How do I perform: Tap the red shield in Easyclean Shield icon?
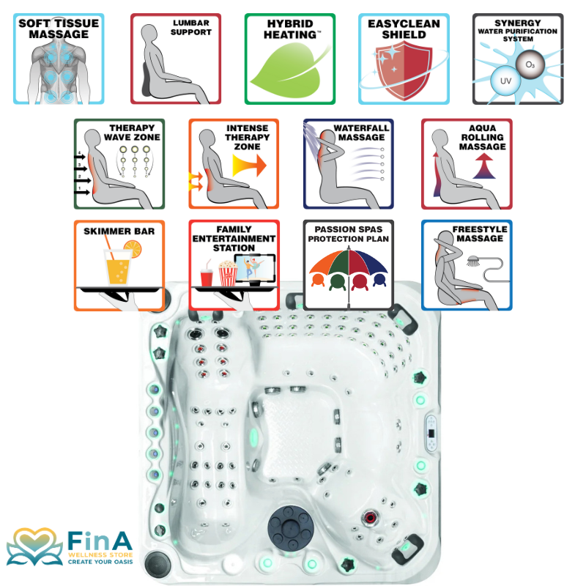[404, 70]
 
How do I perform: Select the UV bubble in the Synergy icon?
[505, 81]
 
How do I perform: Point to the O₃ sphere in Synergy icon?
[530, 64]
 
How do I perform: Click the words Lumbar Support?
[191, 28]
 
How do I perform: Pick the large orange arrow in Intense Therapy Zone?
[249, 166]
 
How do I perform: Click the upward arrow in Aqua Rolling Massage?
[484, 166]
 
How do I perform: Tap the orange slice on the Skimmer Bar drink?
[133, 249]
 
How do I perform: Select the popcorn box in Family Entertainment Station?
[228, 273]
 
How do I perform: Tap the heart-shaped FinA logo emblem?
[34, 546]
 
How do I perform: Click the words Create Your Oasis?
[100, 562]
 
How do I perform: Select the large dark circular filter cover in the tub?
[290, 527]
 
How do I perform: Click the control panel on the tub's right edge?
[431, 433]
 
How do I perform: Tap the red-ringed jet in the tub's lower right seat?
[370, 518]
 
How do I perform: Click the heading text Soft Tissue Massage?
[59, 29]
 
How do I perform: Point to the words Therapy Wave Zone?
[132, 133]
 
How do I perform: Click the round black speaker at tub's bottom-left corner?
[157, 564]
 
